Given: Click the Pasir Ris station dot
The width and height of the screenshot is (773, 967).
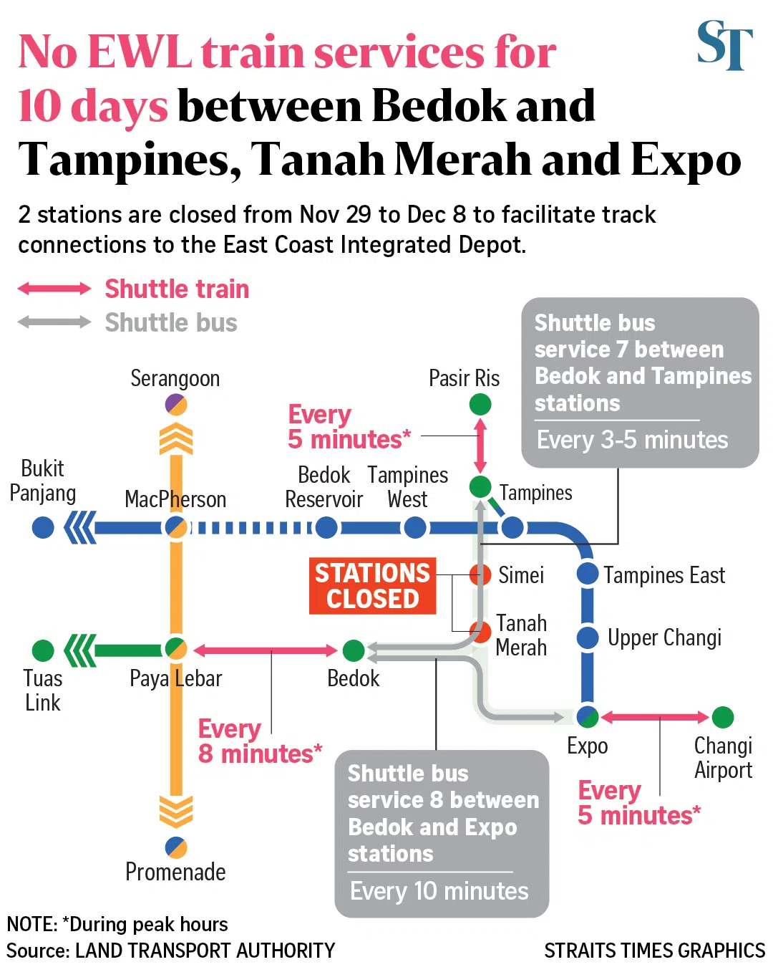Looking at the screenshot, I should (x=480, y=405).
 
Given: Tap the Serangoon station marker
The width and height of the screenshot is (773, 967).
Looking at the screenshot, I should (x=176, y=405).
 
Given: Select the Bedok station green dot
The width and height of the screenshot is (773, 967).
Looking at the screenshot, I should (x=354, y=650).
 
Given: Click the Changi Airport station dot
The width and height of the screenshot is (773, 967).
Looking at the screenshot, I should (x=723, y=717).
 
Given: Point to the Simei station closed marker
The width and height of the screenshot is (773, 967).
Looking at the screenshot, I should (x=480, y=574).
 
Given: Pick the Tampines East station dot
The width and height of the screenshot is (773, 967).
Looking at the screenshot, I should (x=588, y=574).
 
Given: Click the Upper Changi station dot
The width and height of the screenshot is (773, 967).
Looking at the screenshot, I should (x=588, y=638).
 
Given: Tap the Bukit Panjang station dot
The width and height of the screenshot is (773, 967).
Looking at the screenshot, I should (x=43, y=528).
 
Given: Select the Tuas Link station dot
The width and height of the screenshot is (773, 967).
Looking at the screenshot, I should (x=43, y=650).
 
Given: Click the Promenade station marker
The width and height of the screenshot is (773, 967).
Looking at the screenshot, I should (x=176, y=847).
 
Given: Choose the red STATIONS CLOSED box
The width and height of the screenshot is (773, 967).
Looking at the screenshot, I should (x=372, y=586).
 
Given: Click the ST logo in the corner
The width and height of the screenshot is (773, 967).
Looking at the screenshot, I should (x=724, y=46).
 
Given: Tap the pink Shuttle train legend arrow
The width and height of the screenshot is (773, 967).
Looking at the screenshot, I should (x=54, y=289).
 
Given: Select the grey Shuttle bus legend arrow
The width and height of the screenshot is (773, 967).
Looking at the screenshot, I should (x=54, y=322).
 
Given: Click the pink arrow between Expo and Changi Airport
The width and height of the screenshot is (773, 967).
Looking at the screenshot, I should (x=655, y=717).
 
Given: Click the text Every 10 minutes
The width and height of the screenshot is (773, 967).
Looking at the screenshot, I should (x=439, y=891).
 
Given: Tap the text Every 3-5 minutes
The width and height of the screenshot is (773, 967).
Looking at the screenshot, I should (x=633, y=440).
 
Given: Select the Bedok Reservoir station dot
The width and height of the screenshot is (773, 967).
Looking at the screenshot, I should (x=326, y=528).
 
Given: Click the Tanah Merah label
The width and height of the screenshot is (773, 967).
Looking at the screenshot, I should (x=521, y=635).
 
